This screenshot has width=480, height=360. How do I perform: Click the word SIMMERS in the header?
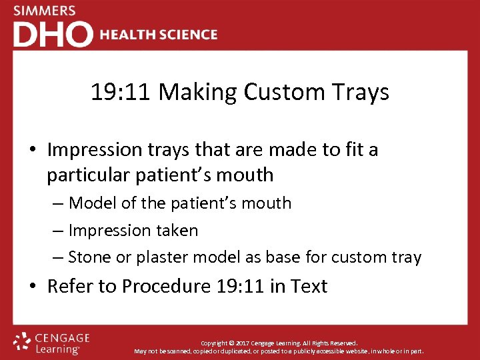point(45,11)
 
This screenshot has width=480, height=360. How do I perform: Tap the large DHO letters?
point(53,34)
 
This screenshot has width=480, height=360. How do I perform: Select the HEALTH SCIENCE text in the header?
point(159,35)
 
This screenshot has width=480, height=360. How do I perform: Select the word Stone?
point(90,257)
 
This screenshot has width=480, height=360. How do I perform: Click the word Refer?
point(69,287)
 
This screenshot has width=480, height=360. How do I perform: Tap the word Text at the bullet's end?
point(309,287)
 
